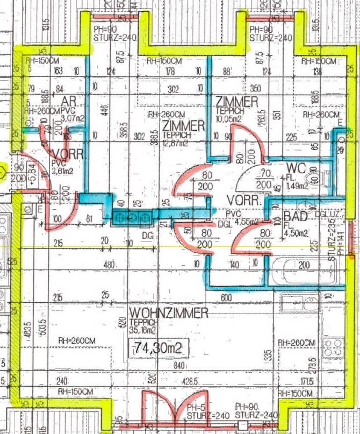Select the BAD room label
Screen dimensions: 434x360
click(295, 216)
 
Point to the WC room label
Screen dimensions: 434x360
click(296, 167)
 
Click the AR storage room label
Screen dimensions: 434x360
click(68, 101)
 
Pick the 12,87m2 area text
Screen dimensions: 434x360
click(177, 143)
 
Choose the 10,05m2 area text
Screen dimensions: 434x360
click(231, 118)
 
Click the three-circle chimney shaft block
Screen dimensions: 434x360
click(131, 218)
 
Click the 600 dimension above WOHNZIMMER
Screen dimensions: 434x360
click(240, 298)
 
